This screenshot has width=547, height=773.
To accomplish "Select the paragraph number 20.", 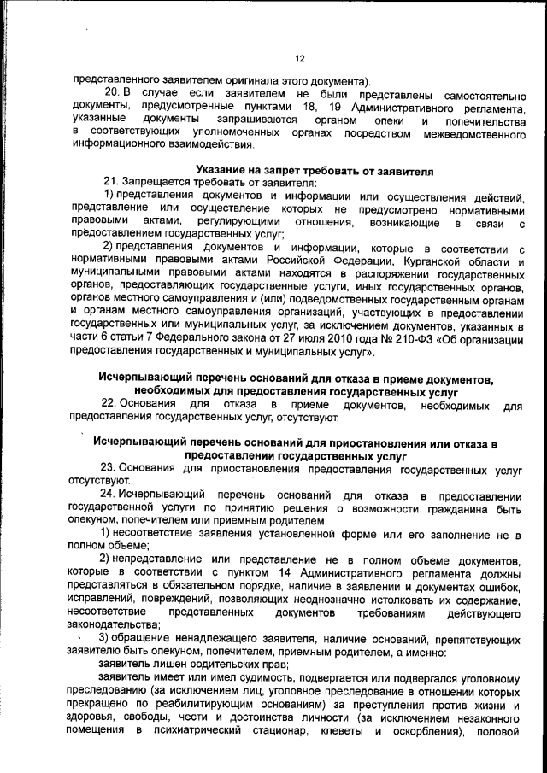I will [x=111, y=91].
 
